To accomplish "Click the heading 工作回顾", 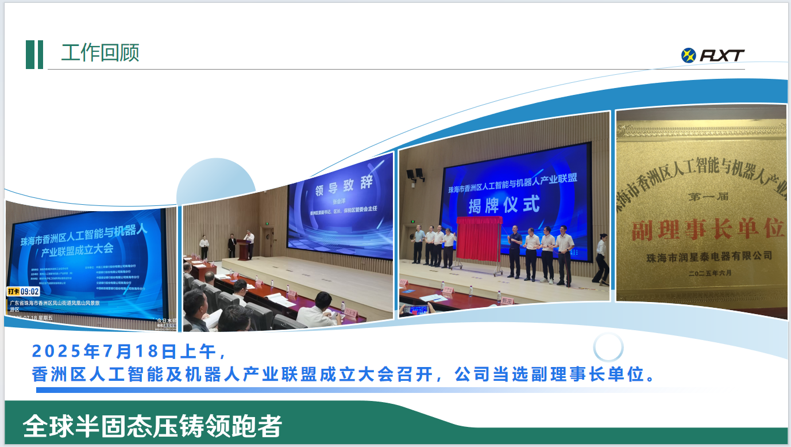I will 101,53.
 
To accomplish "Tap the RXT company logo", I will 713,55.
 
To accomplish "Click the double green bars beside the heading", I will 34,55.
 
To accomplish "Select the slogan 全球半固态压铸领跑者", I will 153,426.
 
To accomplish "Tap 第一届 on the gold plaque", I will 708,197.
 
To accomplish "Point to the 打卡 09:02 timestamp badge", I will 23,292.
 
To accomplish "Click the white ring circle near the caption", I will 608,347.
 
